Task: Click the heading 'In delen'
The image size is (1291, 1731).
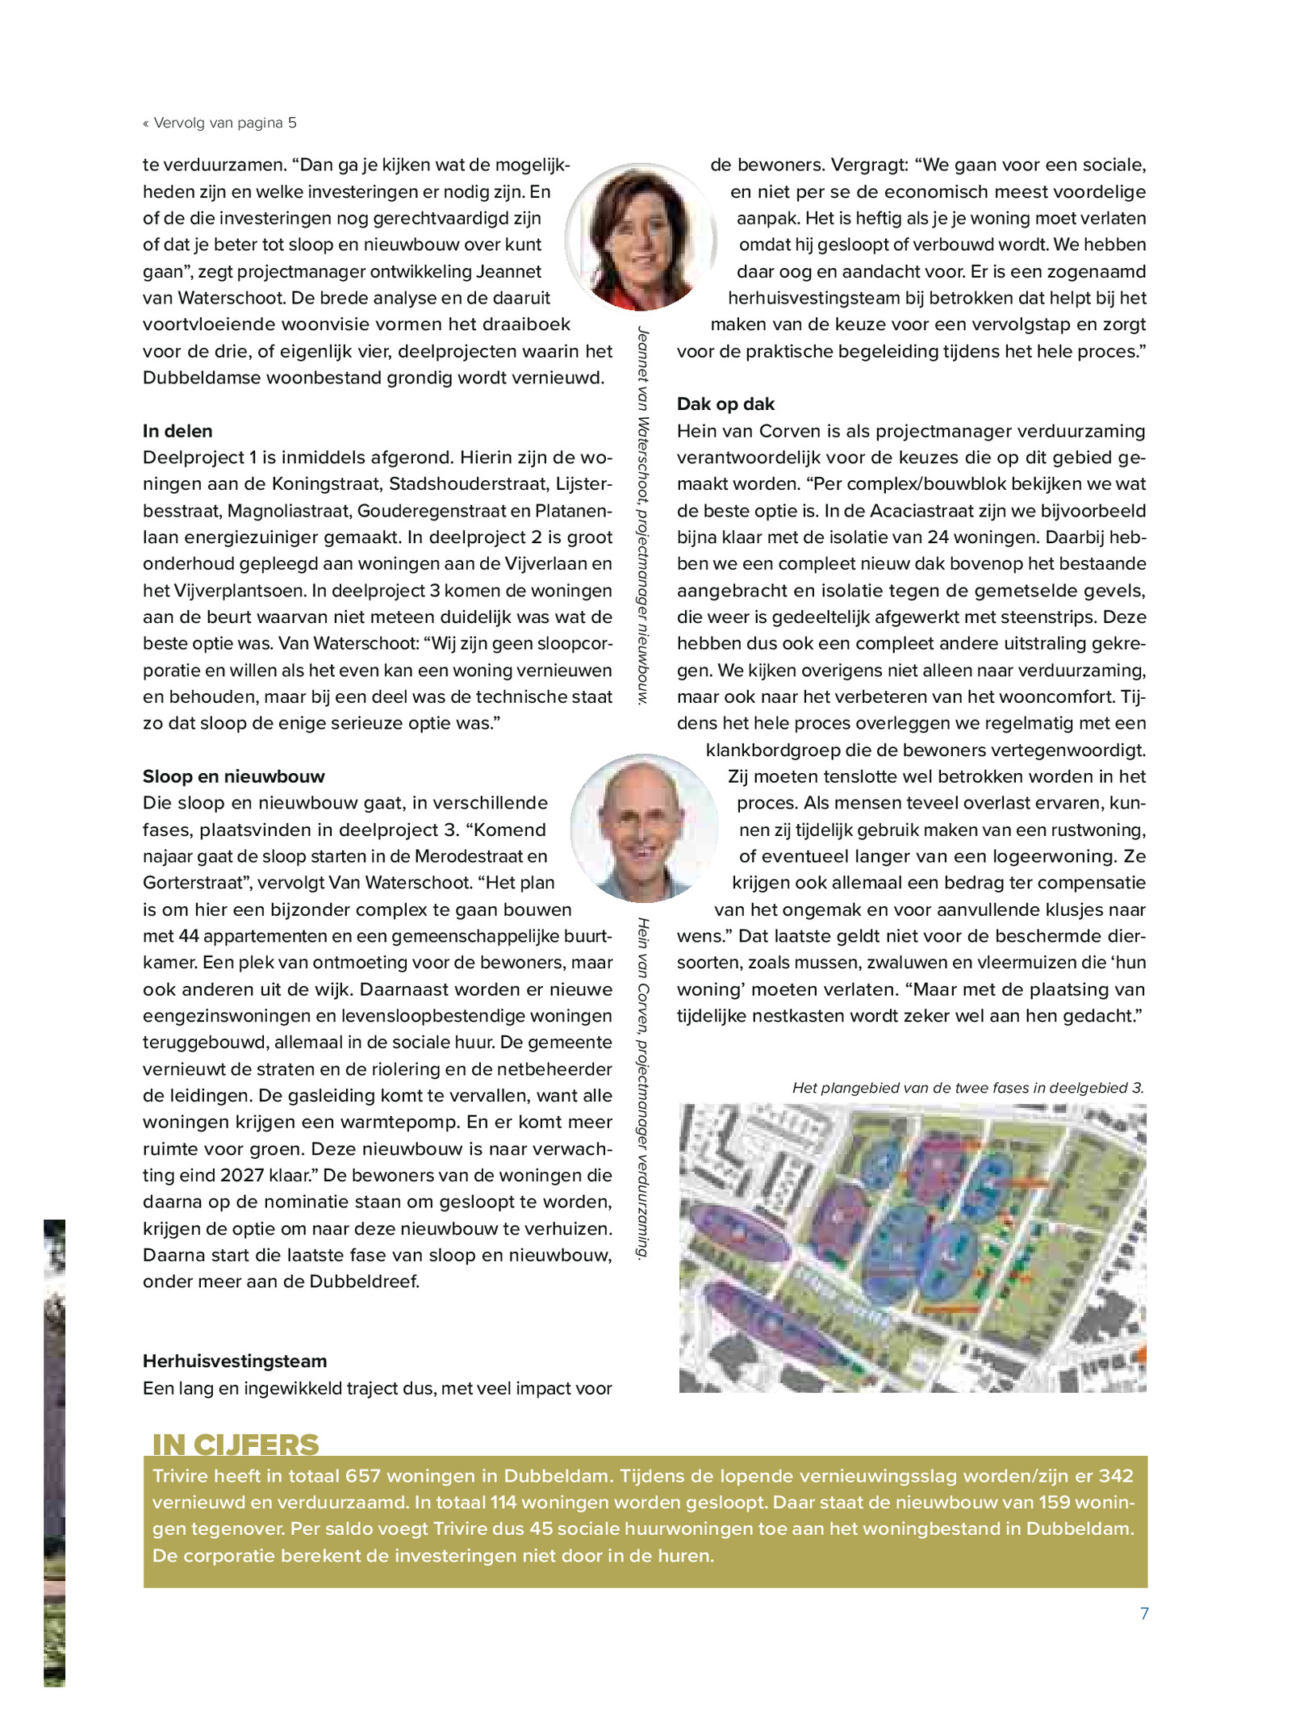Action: coord(178,431)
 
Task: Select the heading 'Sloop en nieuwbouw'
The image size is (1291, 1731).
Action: coord(233,776)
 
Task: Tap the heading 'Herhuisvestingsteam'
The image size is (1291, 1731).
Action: coord(235,1361)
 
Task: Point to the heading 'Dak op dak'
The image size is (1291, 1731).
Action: coord(725,404)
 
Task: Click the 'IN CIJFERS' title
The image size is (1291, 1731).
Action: coord(236,1444)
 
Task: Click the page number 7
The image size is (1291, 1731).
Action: coord(1143,1613)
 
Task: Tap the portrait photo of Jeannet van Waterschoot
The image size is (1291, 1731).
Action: coord(641,236)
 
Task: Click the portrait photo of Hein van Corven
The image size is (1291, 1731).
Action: coord(643,828)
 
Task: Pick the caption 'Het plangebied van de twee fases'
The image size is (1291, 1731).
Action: coord(967,1088)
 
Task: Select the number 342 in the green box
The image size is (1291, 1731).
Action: coord(1116,1476)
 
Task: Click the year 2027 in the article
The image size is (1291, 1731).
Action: coord(242,1175)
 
